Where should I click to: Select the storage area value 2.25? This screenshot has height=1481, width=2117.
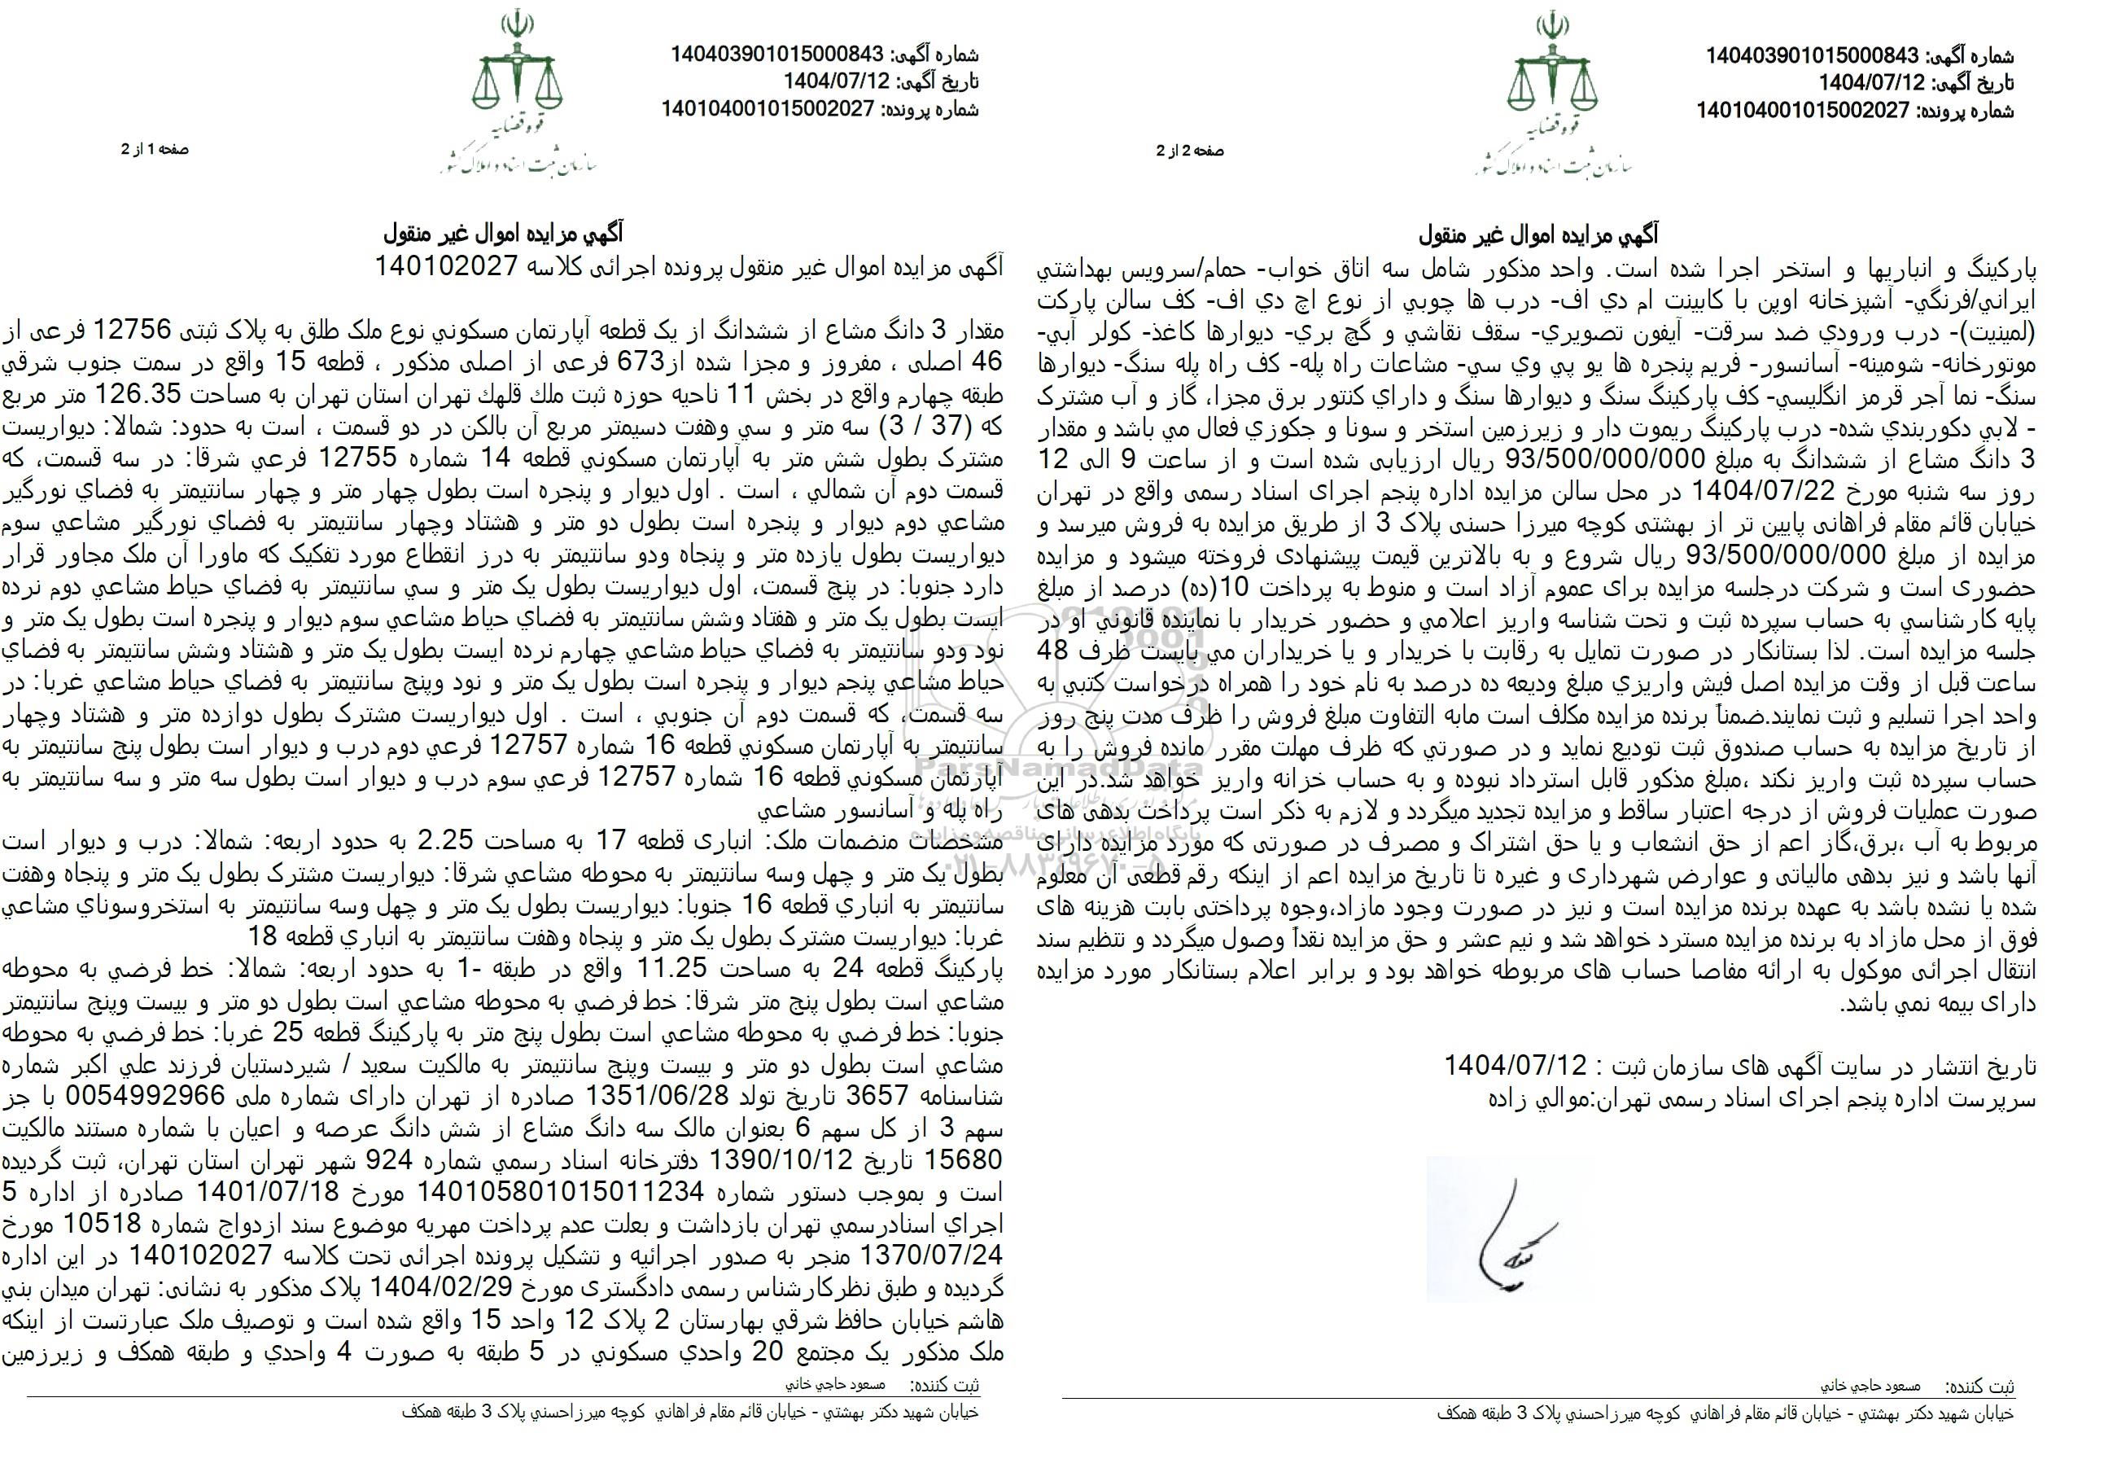tap(446, 840)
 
